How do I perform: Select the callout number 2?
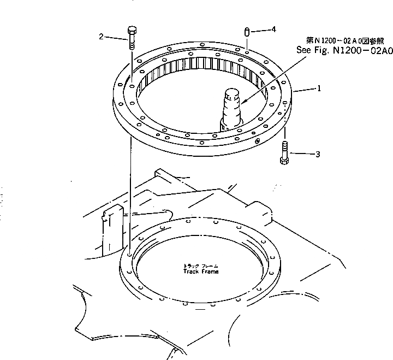click(x=102, y=37)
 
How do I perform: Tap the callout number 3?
click(x=318, y=155)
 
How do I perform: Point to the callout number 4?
click(x=273, y=28)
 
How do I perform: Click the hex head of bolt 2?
click(x=131, y=31)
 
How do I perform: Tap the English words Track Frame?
click(x=200, y=272)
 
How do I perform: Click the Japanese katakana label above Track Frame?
click(x=200, y=265)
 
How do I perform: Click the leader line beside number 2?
click(x=116, y=38)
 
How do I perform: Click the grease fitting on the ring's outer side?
click(x=258, y=141)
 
